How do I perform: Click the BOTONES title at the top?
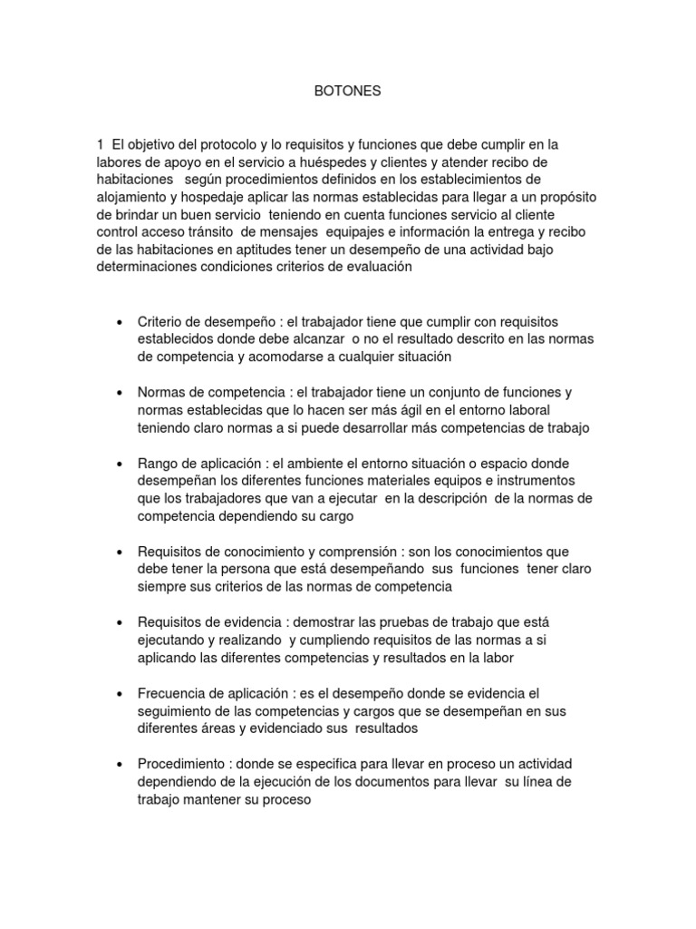(347, 92)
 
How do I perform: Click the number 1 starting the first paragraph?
(100, 144)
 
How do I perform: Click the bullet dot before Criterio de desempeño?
(121, 323)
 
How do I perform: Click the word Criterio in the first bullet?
(159, 323)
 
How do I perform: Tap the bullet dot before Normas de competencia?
(121, 393)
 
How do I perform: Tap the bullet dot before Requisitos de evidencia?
(121, 623)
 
